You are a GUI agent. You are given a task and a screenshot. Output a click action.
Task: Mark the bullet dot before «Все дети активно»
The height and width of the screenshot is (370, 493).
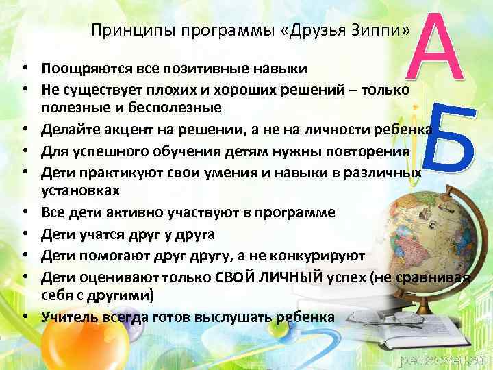[x=25, y=211]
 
